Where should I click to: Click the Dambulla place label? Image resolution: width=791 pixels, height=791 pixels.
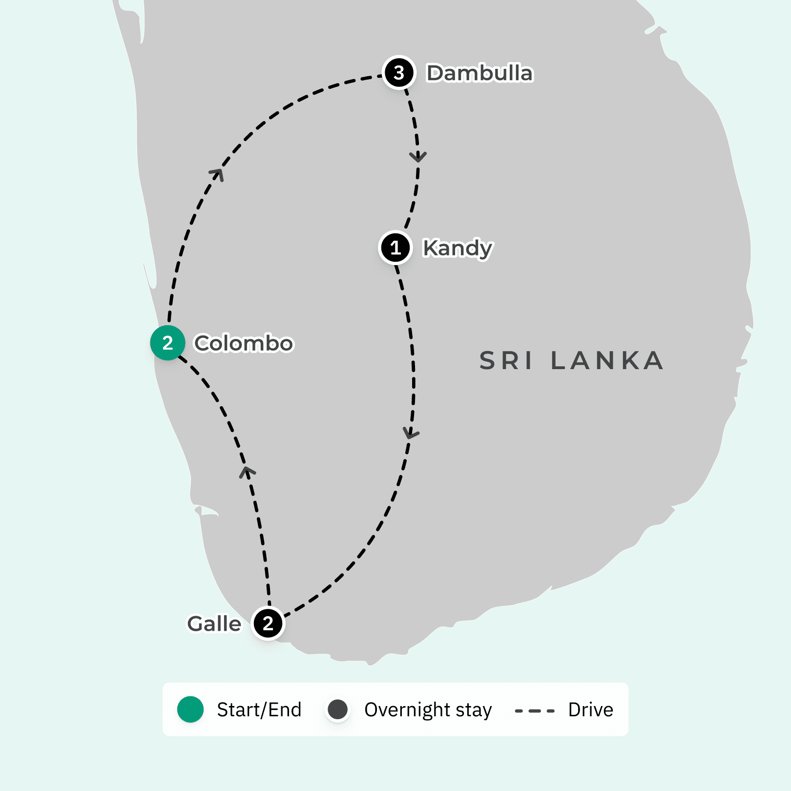479,73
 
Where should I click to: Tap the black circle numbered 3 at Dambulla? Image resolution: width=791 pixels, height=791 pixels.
399,73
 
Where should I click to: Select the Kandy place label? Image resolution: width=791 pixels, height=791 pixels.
458,248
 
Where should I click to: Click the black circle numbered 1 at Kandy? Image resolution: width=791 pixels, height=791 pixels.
395,248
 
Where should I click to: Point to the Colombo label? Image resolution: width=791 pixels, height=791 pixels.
244,343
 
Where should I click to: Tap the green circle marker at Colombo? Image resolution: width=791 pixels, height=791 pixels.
167,343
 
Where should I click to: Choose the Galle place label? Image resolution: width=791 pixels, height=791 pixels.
214,624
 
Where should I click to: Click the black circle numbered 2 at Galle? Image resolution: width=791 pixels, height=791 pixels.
268,623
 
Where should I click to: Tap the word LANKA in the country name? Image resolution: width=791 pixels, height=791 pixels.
607,361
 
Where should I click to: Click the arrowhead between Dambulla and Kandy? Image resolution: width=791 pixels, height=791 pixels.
418,157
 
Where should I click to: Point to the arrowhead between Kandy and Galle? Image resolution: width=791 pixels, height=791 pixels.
411,433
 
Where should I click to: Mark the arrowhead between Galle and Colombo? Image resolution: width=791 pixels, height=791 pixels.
247,472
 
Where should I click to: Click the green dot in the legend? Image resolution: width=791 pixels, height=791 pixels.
190,709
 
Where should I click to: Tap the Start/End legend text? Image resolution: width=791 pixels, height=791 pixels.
259,709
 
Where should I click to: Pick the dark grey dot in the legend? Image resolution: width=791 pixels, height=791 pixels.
337,709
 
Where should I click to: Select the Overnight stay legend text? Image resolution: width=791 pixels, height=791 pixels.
428,710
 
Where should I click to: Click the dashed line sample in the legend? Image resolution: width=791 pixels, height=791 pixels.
535,711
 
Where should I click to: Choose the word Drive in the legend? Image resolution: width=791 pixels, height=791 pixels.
590,709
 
